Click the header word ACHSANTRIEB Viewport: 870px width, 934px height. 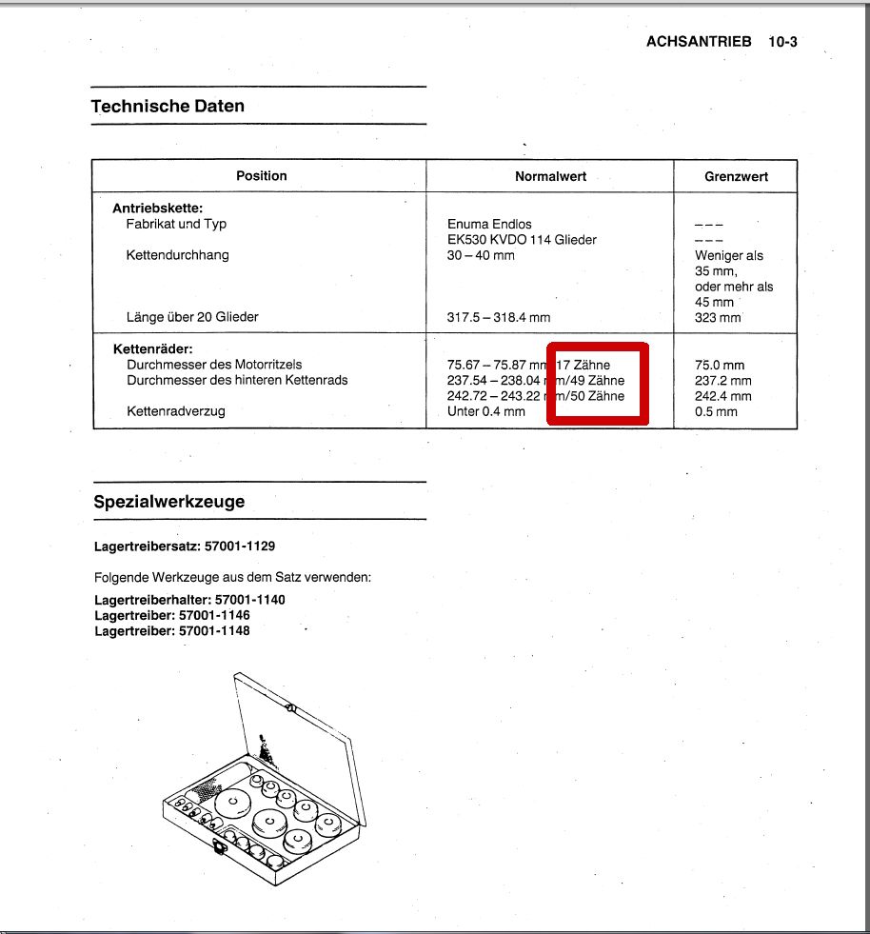pyautogui.click(x=699, y=42)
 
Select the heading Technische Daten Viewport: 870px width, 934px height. pyautogui.click(x=168, y=106)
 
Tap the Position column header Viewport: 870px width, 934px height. pyautogui.click(x=261, y=176)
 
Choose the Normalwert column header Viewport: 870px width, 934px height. pyautogui.click(x=550, y=176)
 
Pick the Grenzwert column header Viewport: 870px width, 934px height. pyautogui.click(x=736, y=176)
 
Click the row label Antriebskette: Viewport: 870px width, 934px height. pyautogui.click(x=158, y=209)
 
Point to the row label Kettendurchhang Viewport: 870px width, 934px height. pyautogui.click(x=177, y=255)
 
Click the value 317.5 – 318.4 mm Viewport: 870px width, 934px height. pyautogui.click(x=498, y=317)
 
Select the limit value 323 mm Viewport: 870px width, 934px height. pyautogui.click(x=718, y=317)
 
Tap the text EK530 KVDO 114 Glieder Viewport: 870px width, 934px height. pyautogui.click(x=522, y=240)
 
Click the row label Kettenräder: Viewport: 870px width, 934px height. pyautogui.click(x=152, y=349)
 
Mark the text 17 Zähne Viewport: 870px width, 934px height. pyautogui.click(x=583, y=365)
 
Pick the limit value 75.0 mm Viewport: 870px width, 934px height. pyautogui.click(x=720, y=365)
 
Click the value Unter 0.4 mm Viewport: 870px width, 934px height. pyautogui.click(x=485, y=411)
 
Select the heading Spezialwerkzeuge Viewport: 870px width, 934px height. pyautogui.click(x=168, y=502)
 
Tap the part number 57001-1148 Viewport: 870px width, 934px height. pyautogui.click(x=214, y=630)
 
